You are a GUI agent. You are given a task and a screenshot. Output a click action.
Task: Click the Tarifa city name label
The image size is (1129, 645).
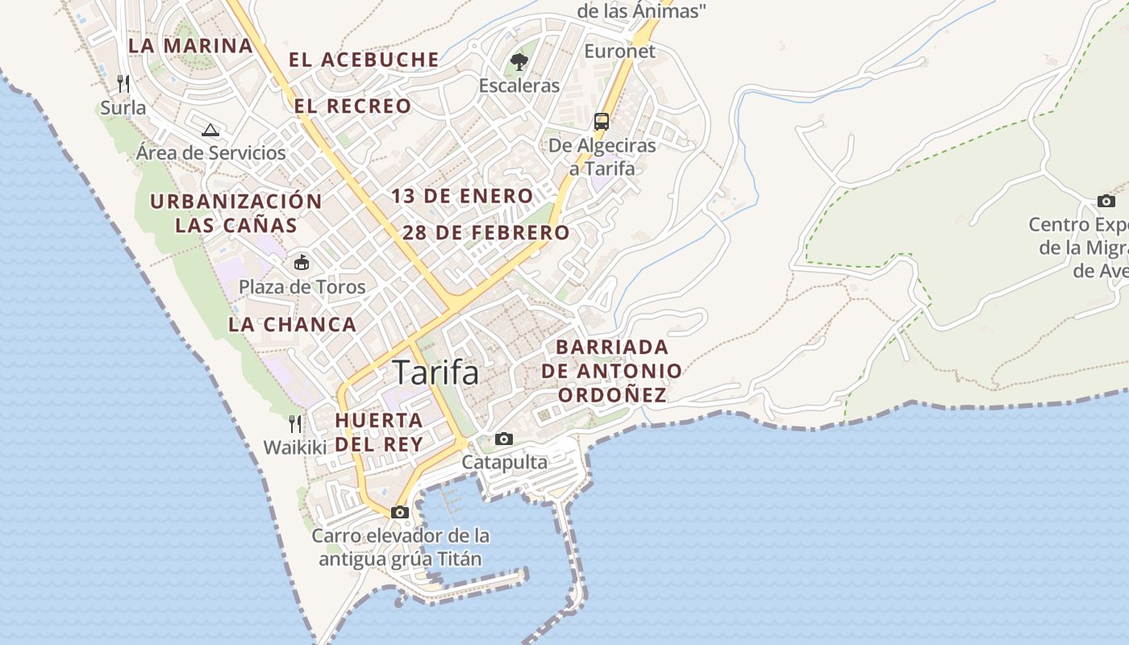point(435,372)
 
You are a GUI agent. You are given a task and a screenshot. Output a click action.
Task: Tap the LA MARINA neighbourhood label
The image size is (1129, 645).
point(190,45)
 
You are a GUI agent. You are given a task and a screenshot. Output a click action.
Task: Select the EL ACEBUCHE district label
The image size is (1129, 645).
point(364,60)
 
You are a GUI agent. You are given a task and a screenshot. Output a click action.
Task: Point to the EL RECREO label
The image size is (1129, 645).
point(352,106)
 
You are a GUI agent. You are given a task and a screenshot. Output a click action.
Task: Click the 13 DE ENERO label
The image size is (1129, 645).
point(462,196)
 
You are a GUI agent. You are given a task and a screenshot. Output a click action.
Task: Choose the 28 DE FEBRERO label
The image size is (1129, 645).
point(485,233)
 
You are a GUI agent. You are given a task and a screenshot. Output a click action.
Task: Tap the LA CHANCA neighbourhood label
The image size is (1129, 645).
point(292,324)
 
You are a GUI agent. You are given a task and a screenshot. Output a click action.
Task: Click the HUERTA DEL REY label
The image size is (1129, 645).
point(379,432)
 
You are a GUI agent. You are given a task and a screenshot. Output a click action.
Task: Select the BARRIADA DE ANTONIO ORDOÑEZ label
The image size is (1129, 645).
point(612,371)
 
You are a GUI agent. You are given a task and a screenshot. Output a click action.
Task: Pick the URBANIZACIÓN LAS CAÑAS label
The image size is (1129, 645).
point(236,213)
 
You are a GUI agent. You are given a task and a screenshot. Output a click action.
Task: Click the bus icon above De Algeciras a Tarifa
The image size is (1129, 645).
point(602,122)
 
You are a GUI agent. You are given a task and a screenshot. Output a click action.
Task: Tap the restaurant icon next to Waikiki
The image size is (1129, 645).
point(295,424)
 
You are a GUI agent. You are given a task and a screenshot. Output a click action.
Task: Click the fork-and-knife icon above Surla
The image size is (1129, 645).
point(123,83)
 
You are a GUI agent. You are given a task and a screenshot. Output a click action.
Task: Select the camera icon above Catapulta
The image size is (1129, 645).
point(504,439)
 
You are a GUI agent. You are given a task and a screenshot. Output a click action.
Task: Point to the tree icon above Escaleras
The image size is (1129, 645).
point(519,61)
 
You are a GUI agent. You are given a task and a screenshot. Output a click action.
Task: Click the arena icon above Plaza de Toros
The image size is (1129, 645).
point(302,262)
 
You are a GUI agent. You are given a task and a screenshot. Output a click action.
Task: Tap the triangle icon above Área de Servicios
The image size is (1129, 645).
point(210,130)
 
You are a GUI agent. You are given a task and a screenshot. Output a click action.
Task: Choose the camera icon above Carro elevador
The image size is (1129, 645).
point(399,512)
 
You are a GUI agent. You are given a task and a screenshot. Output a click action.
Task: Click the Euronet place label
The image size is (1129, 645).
point(619,51)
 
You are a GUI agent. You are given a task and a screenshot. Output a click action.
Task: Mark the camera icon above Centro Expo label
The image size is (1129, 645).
point(1106,201)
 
